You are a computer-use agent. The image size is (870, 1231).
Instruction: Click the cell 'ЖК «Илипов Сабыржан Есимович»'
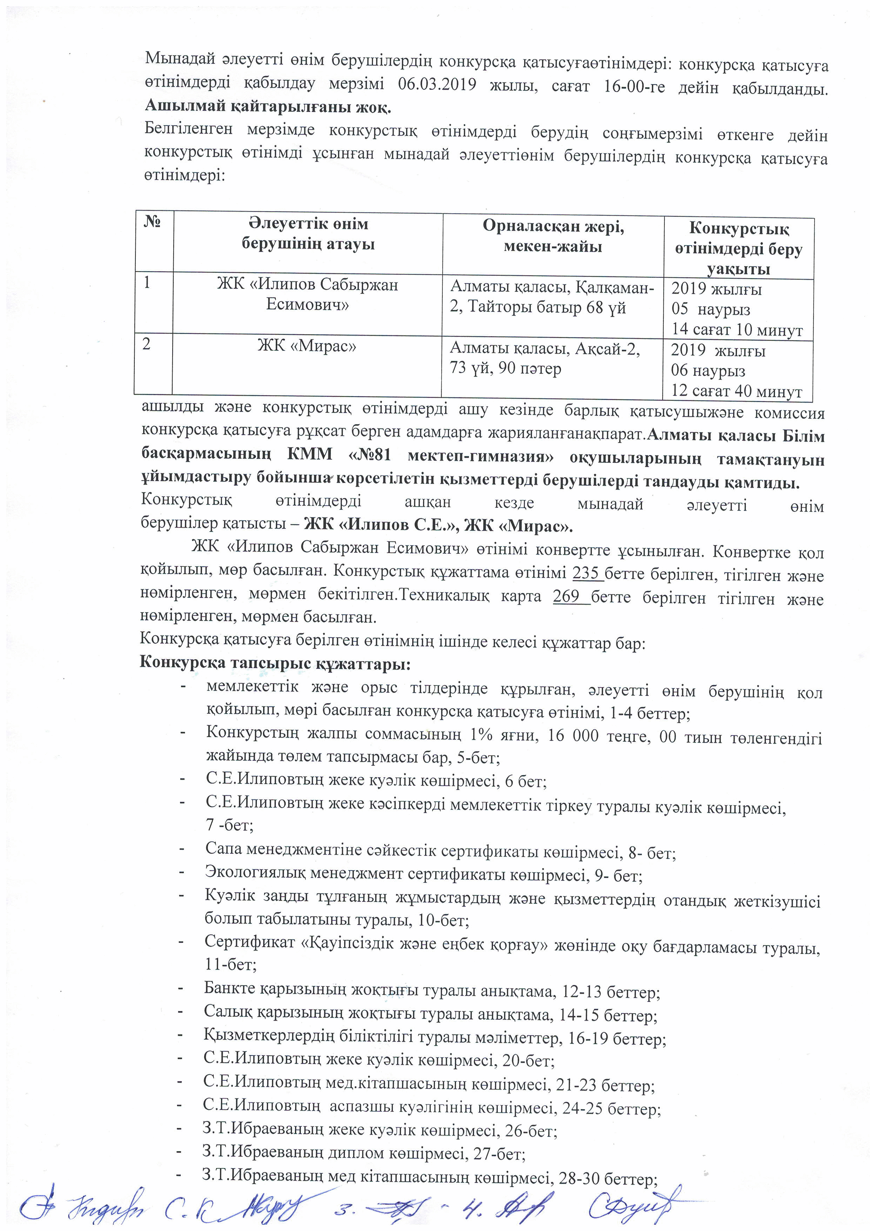[x=307, y=294]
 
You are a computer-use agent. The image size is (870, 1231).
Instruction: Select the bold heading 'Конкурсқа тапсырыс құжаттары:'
[x=275, y=663]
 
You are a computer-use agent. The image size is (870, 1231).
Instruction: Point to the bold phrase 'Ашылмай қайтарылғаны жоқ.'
[x=268, y=107]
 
